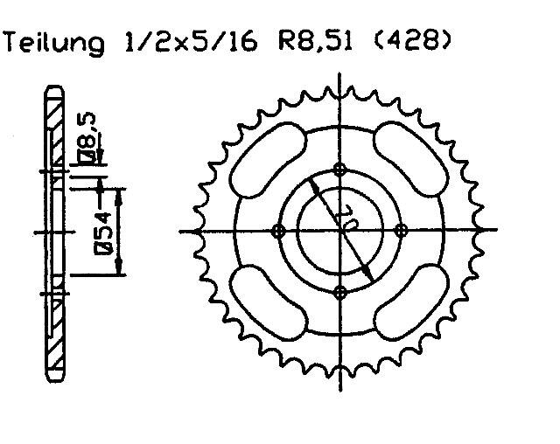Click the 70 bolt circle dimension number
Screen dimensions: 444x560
tap(344, 217)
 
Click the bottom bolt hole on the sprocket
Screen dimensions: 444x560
tap(340, 292)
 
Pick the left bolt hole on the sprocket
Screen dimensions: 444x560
tap(280, 231)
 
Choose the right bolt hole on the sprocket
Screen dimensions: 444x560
tap(401, 231)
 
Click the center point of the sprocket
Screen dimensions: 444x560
tap(340, 231)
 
